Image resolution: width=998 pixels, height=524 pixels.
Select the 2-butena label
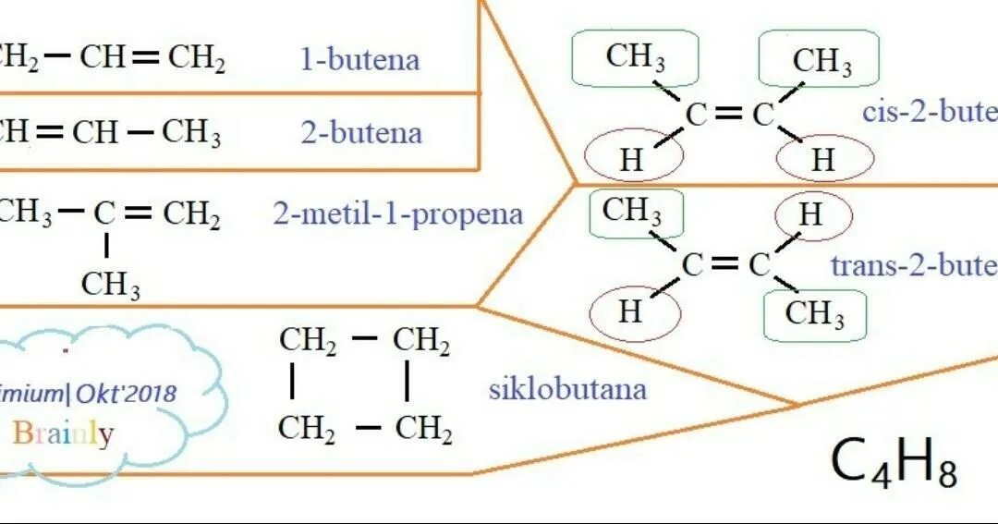pyautogui.click(x=361, y=133)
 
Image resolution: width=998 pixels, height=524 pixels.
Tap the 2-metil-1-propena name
pyautogui.click(x=397, y=215)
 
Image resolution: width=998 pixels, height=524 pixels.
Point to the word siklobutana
pyautogui.click(x=567, y=388)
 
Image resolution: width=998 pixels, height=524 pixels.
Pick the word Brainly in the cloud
pyautogui.click(x=64, y=433)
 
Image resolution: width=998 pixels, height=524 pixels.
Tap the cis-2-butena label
pyautogui.click(x=929, y=113)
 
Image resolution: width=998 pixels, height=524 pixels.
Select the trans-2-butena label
pyautogui.click(x=914, y=266)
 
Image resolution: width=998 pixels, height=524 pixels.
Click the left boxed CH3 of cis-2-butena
pyautogui.click(x=636, y=57)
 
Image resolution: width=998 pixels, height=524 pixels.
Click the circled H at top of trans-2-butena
pyautogui.click(x=809, y=215)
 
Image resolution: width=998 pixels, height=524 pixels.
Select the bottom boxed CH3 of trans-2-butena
pyautogui.click(x=815, y=314)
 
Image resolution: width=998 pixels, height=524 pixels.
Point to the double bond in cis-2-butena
pyautogui.click(x=728, y=115)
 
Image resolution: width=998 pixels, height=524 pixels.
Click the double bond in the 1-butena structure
pyautogui.click(x=146, y=59)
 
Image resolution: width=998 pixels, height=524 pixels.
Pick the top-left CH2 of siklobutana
pyautogui.click(x=308, y=341)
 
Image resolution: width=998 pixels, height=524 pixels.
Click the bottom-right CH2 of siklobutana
pyautogui.click(x=423, y=430)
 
